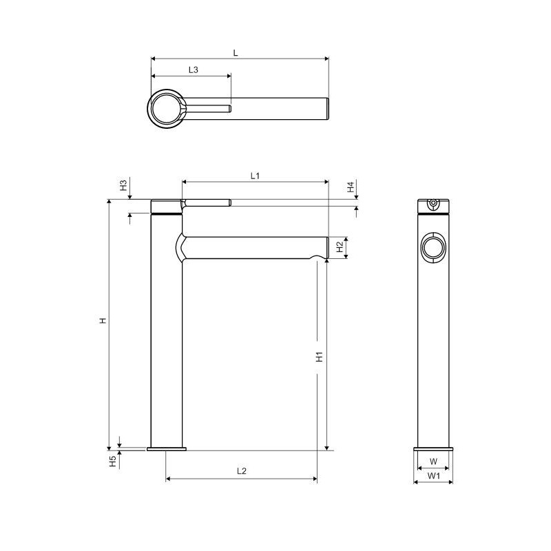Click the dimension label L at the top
point(236,53)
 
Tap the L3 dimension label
point(194,70)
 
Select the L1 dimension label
point(255,176)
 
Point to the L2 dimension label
point(242,471)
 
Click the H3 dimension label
point(123,185)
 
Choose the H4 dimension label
point(351,187)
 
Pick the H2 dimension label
point(340,247)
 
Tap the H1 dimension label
point(319,357)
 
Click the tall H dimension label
point(103,320)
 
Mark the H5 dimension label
point(112,461)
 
